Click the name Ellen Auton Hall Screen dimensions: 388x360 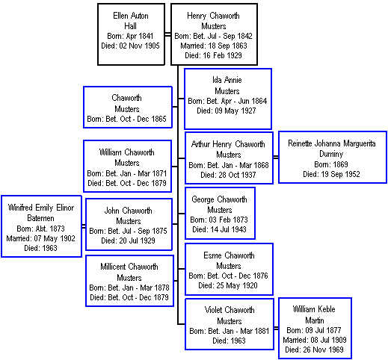[131, 21]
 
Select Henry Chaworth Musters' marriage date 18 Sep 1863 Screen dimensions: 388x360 [214, 46]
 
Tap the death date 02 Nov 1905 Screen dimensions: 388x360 [130, 46]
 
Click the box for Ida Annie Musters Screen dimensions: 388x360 [228, 99]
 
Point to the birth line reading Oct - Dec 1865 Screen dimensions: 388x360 [126, 119]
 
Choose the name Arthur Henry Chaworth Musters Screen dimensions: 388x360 [228, 149]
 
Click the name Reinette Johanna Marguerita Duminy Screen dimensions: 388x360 [332, 149]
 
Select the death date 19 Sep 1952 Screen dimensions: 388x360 [331, 174]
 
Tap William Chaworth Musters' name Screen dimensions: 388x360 [127, 158]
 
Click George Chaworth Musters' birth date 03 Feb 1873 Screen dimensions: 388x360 [219, 220]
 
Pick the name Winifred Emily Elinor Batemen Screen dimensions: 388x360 [41, 213]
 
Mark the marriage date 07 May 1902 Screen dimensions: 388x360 [40, 238]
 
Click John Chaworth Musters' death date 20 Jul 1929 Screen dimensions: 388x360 [128, 240]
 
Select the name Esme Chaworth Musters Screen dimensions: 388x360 [229, 261]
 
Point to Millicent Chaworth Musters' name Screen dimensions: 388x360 [129, 272]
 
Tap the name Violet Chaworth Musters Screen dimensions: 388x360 [230, 315]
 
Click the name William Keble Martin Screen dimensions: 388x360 [314, 314]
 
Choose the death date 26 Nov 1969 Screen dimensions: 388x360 [314, 350]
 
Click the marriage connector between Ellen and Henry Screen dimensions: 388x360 [167, 34]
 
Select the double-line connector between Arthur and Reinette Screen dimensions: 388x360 [276, 157]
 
